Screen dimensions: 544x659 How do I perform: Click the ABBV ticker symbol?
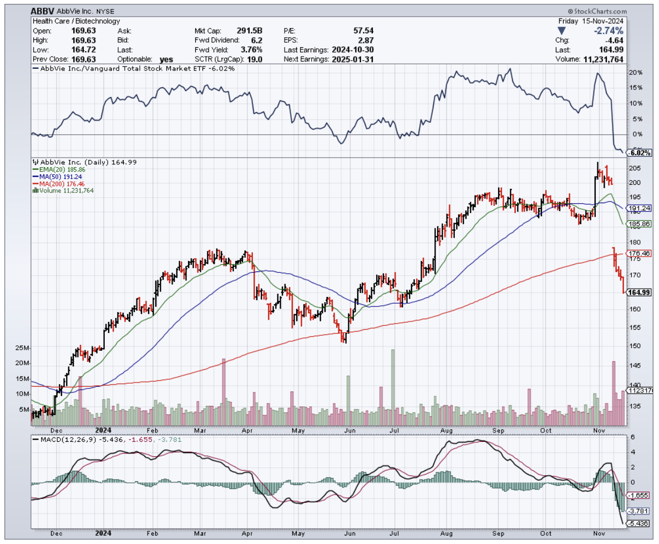coord(43,11)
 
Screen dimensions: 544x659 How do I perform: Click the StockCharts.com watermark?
coord(597,11)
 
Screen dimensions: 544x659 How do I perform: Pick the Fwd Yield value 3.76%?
coord(251,49)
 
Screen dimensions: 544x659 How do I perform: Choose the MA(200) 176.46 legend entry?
coord(58,183)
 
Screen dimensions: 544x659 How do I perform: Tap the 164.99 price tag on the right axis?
coord(638,293)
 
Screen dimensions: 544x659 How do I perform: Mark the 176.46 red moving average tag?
coord(638,254)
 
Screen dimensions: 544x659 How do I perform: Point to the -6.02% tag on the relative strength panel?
coord(638,153)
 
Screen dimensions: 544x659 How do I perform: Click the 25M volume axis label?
coord(22,348)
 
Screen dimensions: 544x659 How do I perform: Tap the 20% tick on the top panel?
coord(636,73)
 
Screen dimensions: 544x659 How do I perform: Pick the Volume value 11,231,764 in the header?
coord(604,59)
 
